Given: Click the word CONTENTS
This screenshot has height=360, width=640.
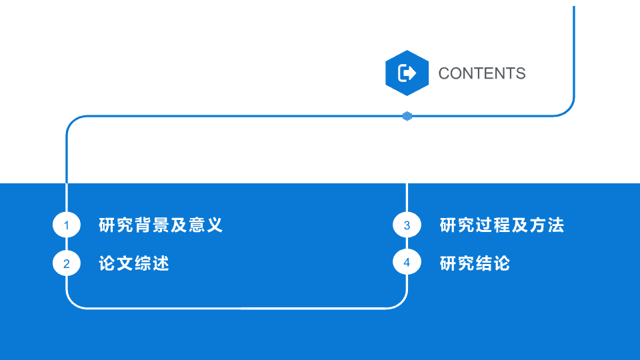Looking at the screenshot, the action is pyautogui.click(x=481, y=73).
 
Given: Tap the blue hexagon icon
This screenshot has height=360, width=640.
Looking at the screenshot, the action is pyautogui.click(x=407, y=73).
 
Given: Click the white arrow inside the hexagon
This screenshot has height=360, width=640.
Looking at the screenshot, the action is pyautogui.click(x=407, y=73).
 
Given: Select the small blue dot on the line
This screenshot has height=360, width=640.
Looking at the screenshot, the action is pyautogui.click(x=407, y=116).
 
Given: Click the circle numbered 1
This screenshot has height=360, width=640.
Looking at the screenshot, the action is pyautogui.click(x=67, y=225).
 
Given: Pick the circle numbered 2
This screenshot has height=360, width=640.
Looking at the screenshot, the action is pyautogui.click(x=67, y=263).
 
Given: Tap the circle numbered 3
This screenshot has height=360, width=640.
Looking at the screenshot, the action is pyautogui.click(x=407, y=225).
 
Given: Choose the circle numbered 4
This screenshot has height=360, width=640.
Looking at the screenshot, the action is pyautogui.click(x=407, y=262).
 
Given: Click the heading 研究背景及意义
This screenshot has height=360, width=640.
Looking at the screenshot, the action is pyautogui.click(x=161, y=225).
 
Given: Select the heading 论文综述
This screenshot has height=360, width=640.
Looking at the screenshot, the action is pyautogui.click(x=134, y=263).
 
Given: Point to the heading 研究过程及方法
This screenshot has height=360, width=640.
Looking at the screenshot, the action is pyautogui.click(x=501, y=225).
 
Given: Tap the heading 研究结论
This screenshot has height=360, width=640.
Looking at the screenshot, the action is pyautogui.click(x=475, y=263).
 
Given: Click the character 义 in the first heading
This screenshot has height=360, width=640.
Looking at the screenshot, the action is pyautogui.click(x=214, y=225).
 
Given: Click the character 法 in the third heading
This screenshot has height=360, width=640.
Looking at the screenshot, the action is pyautogui.click(x=555, y=225).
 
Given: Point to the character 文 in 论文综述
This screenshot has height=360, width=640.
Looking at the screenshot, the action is pyautogui.click(x=125, y=263).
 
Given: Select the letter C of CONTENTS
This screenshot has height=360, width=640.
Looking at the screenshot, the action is pyautogui.click(x=445, y=73).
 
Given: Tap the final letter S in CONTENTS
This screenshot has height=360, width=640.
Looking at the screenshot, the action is pyautogui.click(x=521, y=73).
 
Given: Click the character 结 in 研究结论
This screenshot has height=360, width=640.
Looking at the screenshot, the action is pyautogui.click(x=484, y=263).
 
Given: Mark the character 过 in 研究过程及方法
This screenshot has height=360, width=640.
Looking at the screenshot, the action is pyautogui.click(x=484, y=225).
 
